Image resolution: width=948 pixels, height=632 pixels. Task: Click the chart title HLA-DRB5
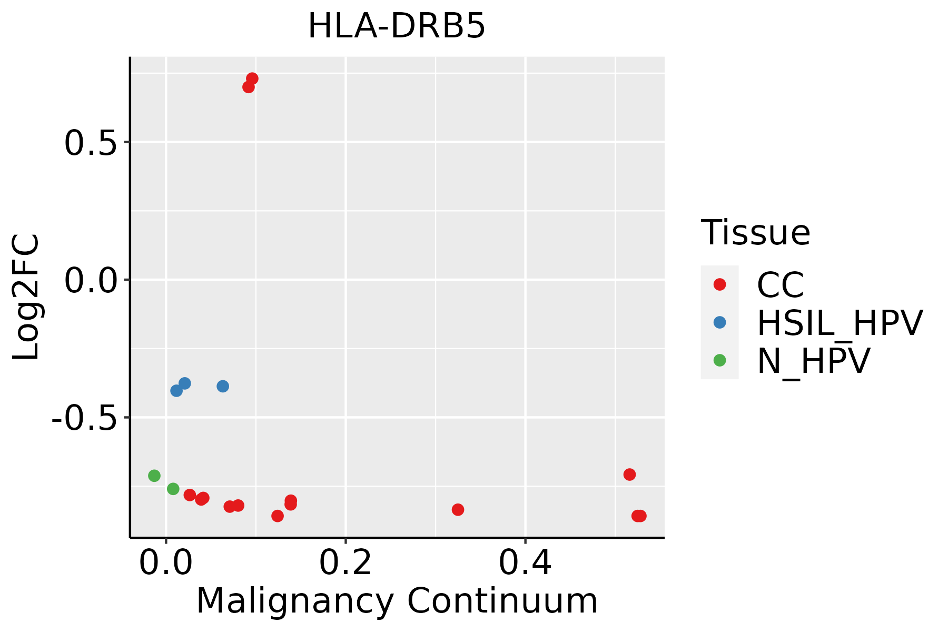tap(397, 26)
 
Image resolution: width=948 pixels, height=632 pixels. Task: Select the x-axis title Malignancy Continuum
tap(397, 601)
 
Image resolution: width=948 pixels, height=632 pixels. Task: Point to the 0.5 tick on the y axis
tap(90, 143)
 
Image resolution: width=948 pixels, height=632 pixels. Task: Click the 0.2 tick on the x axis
tap(345, 564)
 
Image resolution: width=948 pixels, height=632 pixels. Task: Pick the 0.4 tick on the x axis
tap(525, 564)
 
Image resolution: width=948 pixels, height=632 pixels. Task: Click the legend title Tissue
tap(755, 232)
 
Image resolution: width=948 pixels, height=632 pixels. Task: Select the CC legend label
tap(780, 285)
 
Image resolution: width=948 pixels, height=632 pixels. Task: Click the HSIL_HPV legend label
tap(840, 323)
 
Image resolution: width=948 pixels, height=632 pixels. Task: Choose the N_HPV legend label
tap(813, 361)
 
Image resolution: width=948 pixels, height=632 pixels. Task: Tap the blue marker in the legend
tap(719, 322)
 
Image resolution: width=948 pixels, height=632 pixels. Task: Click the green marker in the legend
tap(719, 360)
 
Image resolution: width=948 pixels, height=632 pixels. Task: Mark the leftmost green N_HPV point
tap(154, 476)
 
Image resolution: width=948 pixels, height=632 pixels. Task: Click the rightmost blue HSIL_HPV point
tap(223, 386)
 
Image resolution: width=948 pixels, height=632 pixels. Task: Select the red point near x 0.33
tap(458, 509)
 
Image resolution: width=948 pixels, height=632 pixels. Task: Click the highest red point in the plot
tap(252, 78)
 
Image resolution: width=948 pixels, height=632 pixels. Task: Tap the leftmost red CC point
tap(190, 495)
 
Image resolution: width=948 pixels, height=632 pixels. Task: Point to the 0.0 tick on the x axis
tap(165, 564)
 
